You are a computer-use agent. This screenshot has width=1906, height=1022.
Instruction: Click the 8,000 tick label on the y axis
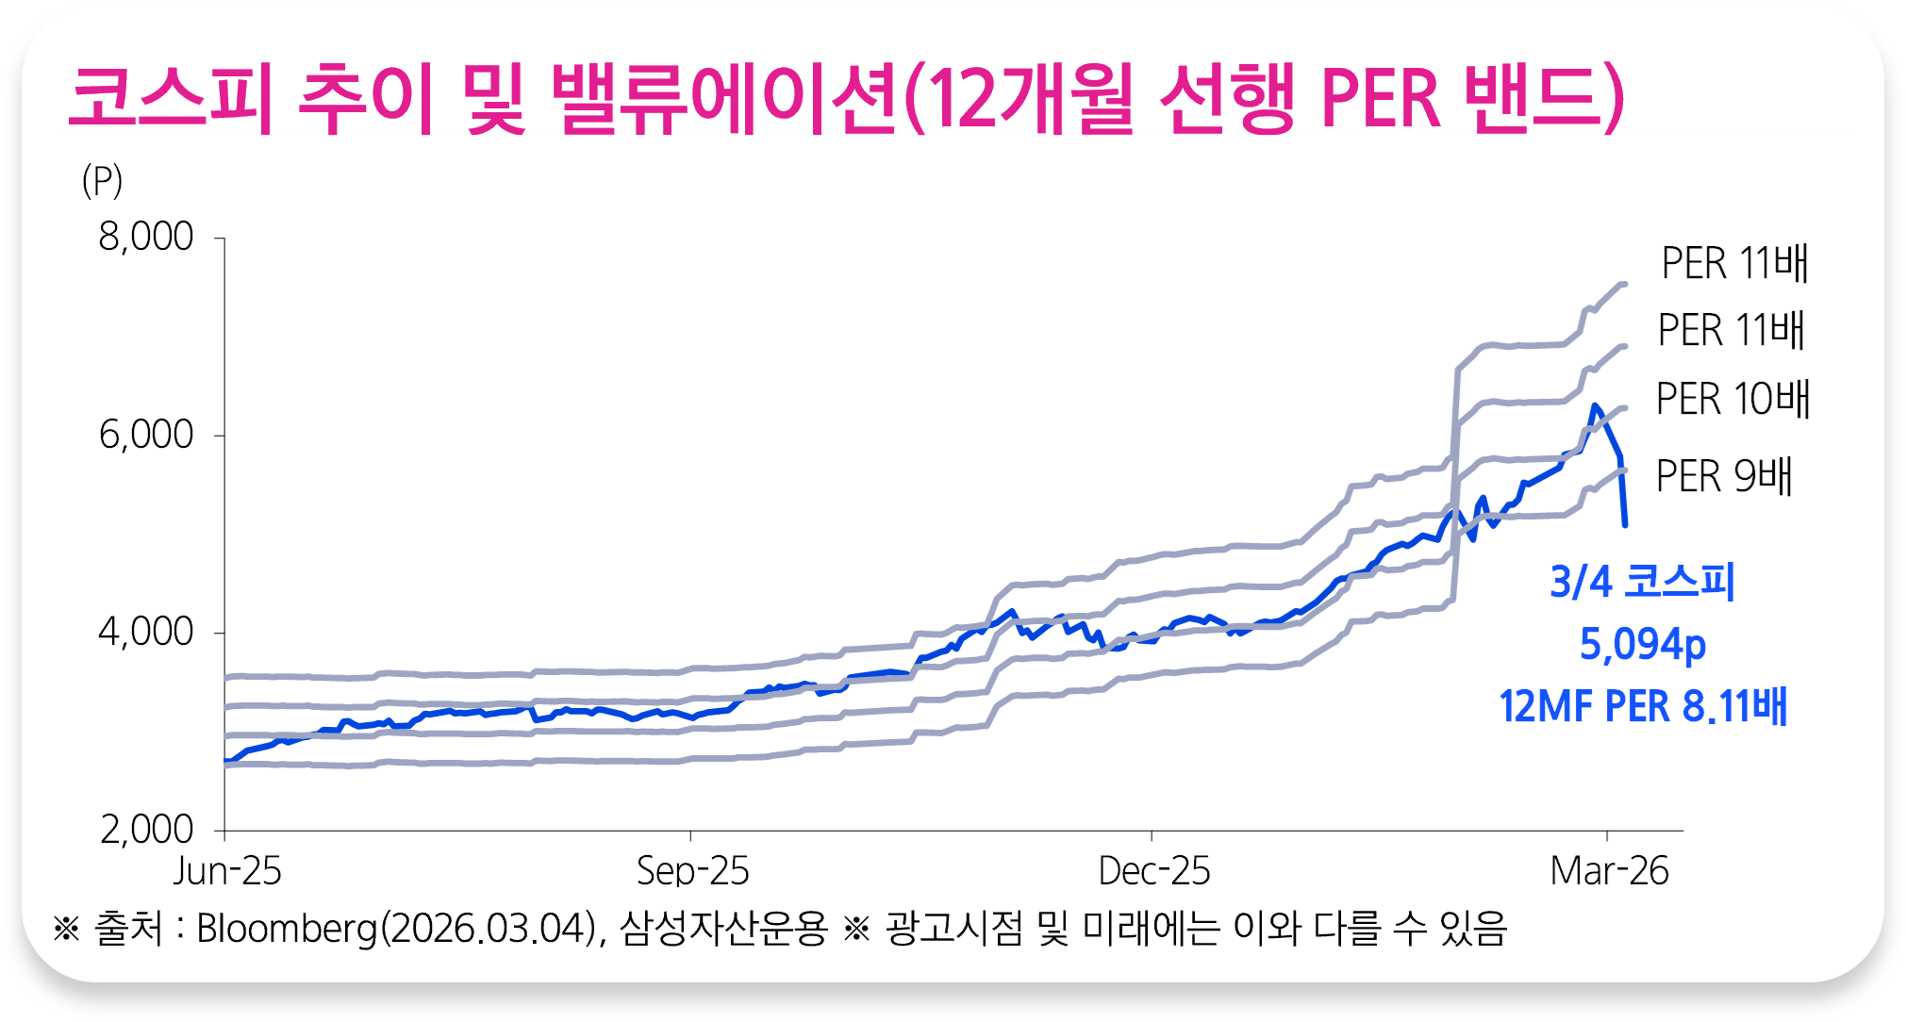click(x=146, y=237)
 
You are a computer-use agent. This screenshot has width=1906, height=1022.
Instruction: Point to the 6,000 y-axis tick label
click(x=146, y=435)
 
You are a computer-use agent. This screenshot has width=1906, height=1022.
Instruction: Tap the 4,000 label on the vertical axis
click(x=146, y=632)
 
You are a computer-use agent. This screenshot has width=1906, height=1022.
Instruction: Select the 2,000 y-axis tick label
click(x=146, y=830)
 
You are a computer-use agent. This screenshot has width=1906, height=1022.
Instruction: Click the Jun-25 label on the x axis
click(x=227, y=871)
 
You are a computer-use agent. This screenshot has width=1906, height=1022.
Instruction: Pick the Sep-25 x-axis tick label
click(x=692, y=871)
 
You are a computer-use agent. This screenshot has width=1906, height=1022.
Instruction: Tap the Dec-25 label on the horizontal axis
click(x=1153, y=871)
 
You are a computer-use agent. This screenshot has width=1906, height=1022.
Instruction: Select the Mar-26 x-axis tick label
click(x=1609, y=871)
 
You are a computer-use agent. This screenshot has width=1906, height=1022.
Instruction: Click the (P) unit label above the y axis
click(x=102, y=180)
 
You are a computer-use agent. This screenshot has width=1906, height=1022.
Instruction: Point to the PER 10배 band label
click(x=1732, y=399)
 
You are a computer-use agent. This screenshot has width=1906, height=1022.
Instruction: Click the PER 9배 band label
click(x=1724, y=476)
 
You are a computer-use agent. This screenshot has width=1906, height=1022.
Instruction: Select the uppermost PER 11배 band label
click(x=1734, y=263)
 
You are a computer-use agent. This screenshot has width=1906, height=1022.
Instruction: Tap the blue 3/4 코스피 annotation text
click(x=1642, y=582)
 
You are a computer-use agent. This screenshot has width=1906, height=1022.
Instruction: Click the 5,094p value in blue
click(x=1642, y=645)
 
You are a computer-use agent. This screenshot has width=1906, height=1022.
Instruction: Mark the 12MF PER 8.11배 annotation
click(x=1642, y=706)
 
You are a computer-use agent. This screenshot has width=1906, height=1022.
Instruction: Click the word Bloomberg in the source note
click(x=287, y=929)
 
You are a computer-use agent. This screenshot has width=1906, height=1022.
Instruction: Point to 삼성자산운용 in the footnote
click(x=723, y=929)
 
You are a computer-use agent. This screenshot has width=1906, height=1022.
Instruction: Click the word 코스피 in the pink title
click(x=171, y=99)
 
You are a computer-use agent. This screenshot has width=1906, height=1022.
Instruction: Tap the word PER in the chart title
click(x=1381, y=99)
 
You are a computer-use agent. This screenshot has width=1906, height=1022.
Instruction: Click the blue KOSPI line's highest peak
click(x=1594, y=405)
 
